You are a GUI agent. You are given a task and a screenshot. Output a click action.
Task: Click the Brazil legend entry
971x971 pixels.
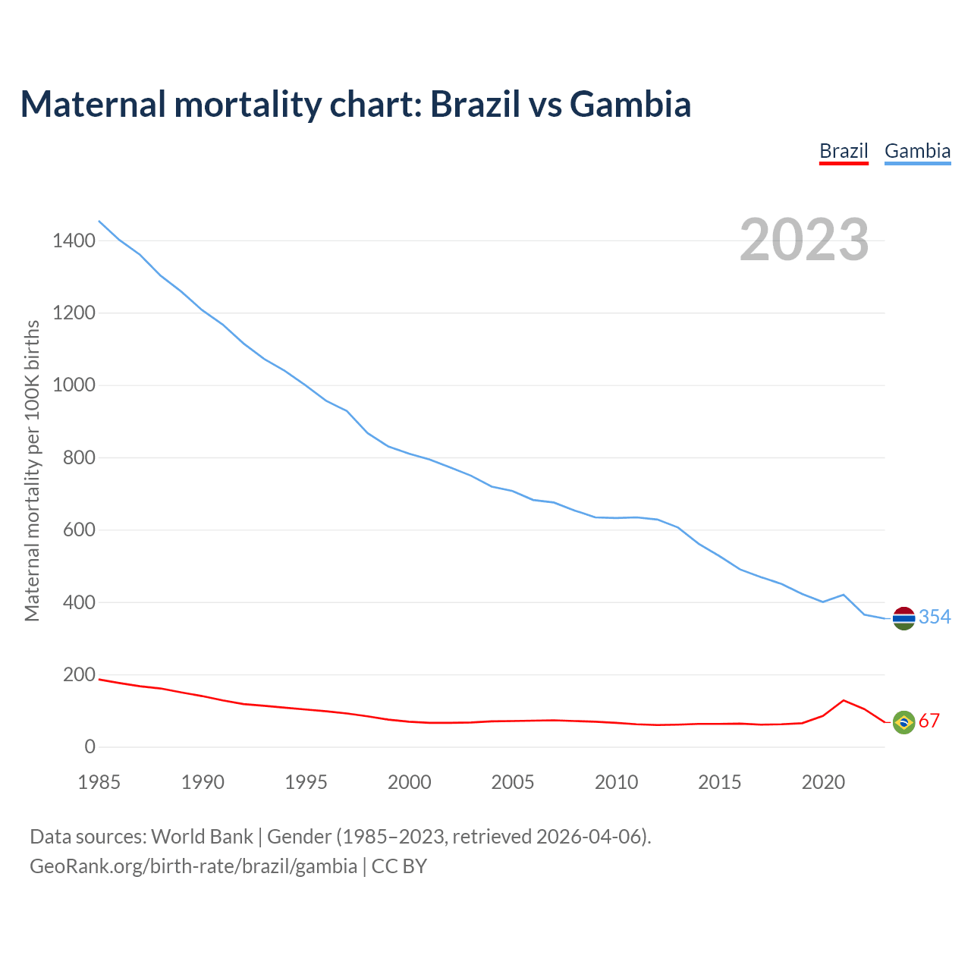click(x=844, y=151)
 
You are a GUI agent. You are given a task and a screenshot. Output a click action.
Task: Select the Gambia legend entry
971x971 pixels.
click(x=917, y=151)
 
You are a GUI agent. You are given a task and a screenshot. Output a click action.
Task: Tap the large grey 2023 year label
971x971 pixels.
click(x=804, y=240)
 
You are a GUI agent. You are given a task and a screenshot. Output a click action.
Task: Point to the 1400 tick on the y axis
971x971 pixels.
click(x=74, y=241)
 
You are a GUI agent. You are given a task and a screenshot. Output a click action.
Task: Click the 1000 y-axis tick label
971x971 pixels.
click(x=74, y=385)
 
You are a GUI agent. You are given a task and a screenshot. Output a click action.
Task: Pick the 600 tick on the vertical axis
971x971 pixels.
click(x=79, y=530)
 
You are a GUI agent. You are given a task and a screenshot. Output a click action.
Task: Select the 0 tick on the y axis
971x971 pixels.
click(x=90, y=747)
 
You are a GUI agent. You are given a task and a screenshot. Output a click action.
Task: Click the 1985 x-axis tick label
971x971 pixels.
click(x=99, y=782)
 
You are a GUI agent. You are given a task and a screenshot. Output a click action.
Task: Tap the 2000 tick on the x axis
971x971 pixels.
click(x=410, y=782)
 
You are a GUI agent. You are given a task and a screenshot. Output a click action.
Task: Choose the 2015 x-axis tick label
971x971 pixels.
click(x=720, y=782)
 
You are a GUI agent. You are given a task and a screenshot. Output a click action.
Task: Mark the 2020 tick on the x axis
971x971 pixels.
click(x=823, y=782)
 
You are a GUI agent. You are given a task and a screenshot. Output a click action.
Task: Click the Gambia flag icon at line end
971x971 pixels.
click(x=903, y=619)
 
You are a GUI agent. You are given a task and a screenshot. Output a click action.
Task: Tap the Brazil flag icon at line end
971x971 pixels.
click(x=903, y=722)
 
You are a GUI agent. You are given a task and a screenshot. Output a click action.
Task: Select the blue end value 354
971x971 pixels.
click(x=935, y=617)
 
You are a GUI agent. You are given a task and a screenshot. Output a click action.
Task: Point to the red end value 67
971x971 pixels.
click(x=929, y=721)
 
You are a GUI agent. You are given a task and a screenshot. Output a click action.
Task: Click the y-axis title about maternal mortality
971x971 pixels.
click(x=32, y=470)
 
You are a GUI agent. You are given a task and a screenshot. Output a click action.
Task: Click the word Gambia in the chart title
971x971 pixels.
click(x=630, y=104)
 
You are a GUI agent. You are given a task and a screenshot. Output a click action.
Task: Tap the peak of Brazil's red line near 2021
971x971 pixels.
click(x=844, y=700)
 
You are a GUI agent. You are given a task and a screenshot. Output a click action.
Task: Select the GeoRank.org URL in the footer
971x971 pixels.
click(x=193, y=866)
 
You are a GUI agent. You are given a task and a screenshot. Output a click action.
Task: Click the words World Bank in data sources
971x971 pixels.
click(x=202, y=837)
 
